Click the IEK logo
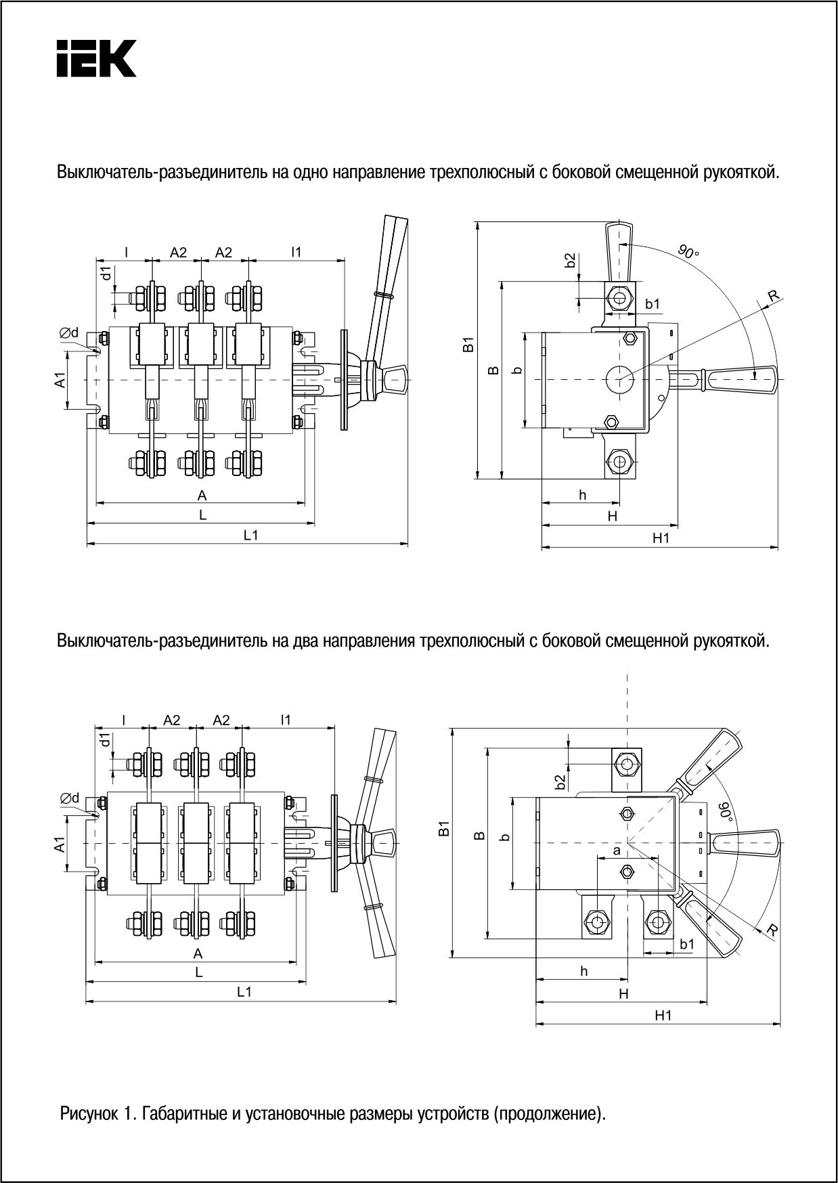click(x=96, y=58)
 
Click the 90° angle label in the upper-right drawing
click(x=688, y=251)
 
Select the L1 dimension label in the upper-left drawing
click(x=251, y=535)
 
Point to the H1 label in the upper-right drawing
click(x=661, y=538)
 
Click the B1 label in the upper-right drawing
click(x=467, y=345)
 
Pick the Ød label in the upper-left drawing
click(x=69, y=332)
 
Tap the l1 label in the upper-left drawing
click(x=296, y=252)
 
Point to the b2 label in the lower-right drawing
click(x=560, y=782)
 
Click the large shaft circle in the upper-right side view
click(x=619, y=379)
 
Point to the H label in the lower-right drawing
click(x=623, y=993)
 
